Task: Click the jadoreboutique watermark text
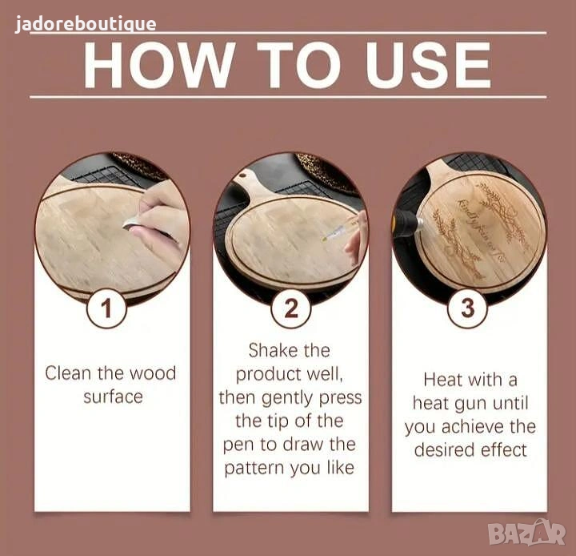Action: pos(86,24)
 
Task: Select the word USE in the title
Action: pos(428,65)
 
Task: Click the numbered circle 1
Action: pos(106,308)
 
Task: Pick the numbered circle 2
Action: pos(291,308)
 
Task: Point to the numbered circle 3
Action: pos(468,308)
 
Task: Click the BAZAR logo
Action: pos(526,533)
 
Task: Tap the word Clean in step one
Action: pos(68,373)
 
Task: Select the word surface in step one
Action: pos(113,397)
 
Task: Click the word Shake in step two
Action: pos(269,350)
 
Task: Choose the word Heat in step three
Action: pos(441,380)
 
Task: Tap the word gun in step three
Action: pos(472,404)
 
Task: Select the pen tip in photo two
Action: pos(324,240)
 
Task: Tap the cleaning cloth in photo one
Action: pos(132,223)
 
